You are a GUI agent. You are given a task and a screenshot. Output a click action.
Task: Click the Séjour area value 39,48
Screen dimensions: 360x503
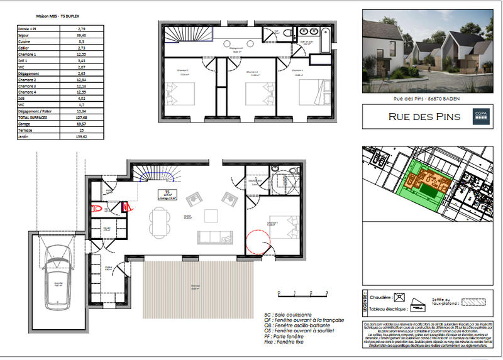(81, 35)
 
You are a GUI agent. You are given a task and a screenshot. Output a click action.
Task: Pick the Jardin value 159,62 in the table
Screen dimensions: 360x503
(81, 136)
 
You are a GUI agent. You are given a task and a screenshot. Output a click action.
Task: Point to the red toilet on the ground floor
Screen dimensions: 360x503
(97, 207)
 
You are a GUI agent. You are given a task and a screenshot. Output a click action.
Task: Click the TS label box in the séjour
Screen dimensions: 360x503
(167, 195)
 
